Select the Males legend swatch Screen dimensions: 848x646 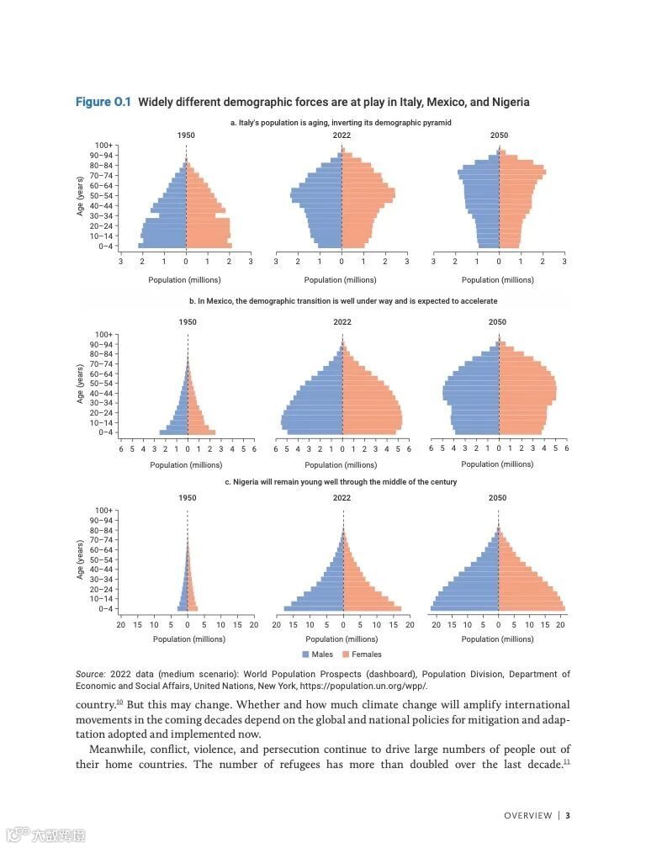(305, 654)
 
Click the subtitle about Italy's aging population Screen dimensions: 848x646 (341, 123)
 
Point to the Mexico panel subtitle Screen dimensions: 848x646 (343, 300)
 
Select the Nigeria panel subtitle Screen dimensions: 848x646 (341, 482)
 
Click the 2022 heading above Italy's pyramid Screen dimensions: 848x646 (342, 135)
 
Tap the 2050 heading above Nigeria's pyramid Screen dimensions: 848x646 (498, 497)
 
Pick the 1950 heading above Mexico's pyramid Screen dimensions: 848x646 (188, 322)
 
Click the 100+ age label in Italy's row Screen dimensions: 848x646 (104, 146)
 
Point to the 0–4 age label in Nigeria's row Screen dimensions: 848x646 (105, 608)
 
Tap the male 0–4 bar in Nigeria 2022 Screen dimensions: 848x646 (314, 608)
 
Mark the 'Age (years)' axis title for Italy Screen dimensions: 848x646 (81, 197)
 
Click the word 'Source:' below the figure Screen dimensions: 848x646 (90, 674)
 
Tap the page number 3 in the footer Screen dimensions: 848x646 (568, 815)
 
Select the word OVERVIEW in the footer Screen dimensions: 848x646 (528, 815)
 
